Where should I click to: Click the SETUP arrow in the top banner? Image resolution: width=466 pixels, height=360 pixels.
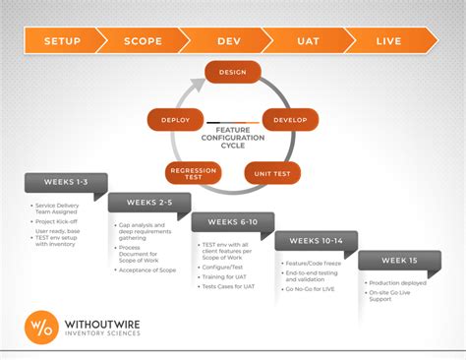(x=63, y=41)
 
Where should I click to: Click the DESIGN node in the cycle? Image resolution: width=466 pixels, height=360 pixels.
(x=232, y=72)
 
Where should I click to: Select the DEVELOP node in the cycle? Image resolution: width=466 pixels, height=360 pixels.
(x=289, y=120)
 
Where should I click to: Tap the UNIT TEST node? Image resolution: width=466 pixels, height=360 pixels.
(x=272, y=173)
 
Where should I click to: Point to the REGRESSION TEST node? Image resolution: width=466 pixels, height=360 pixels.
(x=193, y=174)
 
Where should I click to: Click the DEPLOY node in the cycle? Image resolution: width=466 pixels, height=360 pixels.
(x=176, y=120)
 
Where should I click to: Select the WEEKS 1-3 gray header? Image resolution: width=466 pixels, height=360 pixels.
(x=65, y=183)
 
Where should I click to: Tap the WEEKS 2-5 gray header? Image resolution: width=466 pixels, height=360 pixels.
(x=148, y=203)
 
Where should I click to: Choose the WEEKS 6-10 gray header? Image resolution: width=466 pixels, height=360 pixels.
(x=232, y=222)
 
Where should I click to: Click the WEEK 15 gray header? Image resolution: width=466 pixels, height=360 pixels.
(x=399, y=260)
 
